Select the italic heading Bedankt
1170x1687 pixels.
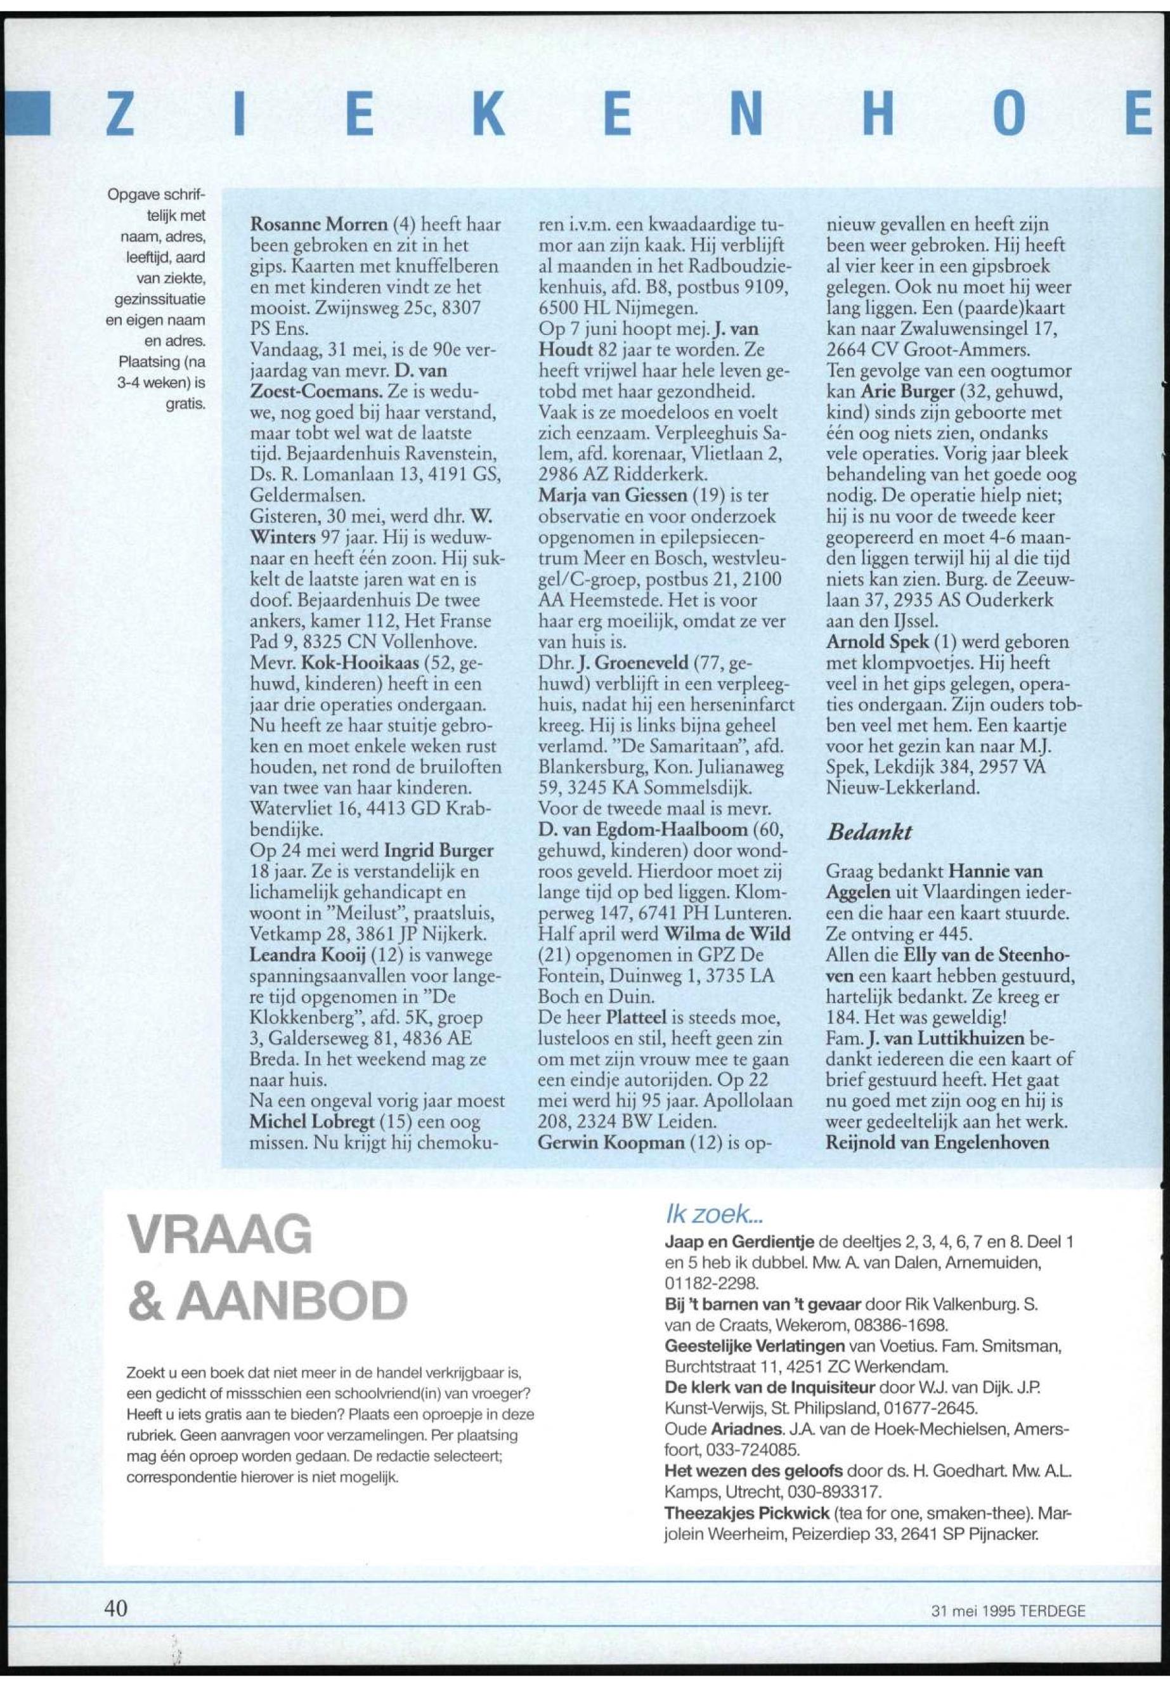869,831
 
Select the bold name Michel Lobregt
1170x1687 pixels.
302,1123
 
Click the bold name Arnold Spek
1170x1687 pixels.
868,642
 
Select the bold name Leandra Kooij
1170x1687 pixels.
298,956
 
